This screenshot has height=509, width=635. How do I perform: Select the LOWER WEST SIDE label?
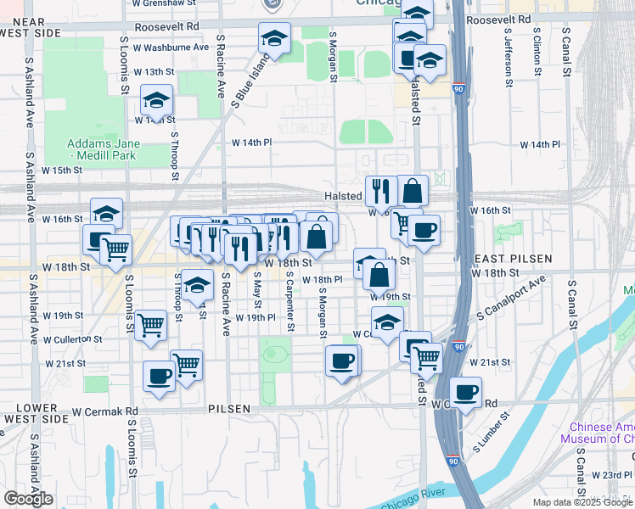[x=36, y=413]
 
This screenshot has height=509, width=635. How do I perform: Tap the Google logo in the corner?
[x=28, y=499]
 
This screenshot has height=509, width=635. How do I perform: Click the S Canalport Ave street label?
[x=513, y=298]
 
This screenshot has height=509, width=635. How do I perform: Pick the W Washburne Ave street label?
[x=170, y=47]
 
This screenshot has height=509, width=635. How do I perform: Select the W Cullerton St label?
[x=71, y=338]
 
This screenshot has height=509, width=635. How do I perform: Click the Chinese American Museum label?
[x=601, y=433]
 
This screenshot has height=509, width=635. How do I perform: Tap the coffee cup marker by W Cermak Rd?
[x=465, y=393]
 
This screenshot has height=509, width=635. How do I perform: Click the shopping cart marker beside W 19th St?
[x=150, y=323]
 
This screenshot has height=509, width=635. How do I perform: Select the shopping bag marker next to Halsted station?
[x=412, y=191]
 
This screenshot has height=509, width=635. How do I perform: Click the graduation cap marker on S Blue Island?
[x=274, y=38]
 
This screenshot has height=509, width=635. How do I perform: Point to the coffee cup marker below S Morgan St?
[x=342, y=361]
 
